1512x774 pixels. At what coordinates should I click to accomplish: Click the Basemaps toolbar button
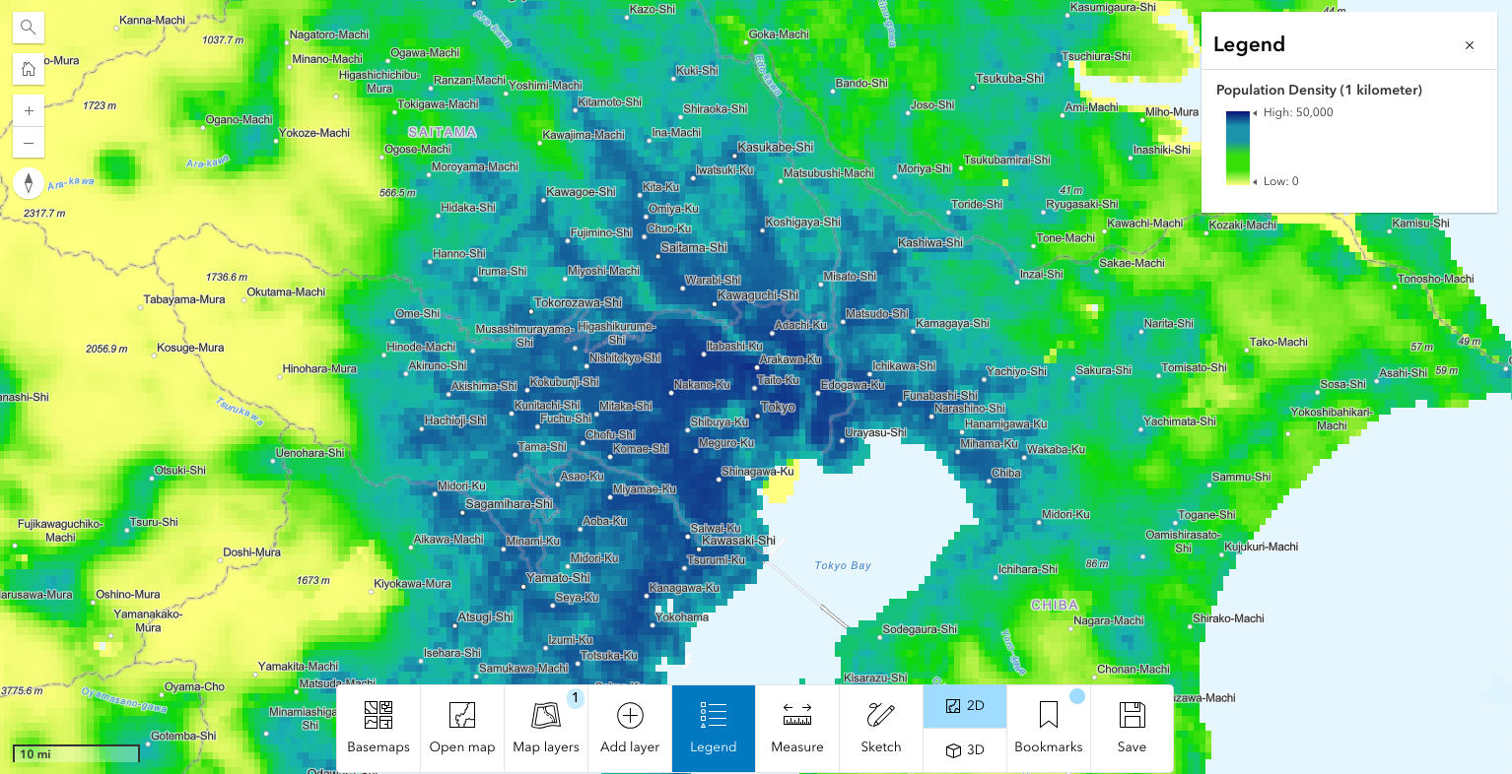378,728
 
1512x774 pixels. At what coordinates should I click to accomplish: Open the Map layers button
546,728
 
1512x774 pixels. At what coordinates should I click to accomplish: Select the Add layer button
630,728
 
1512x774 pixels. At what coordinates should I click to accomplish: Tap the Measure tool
797,728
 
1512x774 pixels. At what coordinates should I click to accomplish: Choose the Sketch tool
881,728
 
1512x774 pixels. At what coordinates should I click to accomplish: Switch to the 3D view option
965,749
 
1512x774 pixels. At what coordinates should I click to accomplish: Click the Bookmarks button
1049,728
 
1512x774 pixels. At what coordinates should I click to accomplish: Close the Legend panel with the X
1470,45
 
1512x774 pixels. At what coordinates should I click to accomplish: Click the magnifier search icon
29,28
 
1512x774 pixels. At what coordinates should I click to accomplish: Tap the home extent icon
29,69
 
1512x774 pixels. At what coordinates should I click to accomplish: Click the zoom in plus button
29,111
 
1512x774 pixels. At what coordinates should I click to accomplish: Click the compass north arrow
29,183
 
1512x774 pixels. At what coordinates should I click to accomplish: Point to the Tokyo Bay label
843,565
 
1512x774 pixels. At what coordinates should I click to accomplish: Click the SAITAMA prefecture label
443,132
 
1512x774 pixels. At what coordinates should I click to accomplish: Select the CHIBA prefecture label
1055,605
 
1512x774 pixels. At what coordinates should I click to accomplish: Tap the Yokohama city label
682,617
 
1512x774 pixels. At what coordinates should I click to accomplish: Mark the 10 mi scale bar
76,754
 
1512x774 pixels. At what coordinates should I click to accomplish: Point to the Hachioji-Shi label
455,420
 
